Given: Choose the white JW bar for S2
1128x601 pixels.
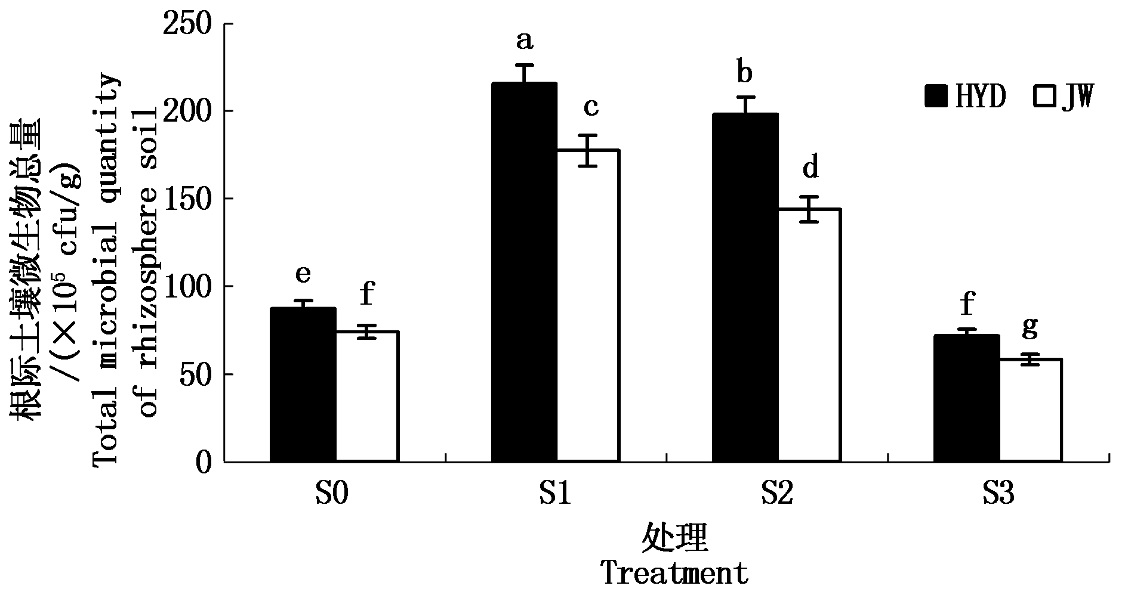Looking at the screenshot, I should click(809, 335).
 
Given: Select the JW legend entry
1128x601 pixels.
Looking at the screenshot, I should click(1063, 96).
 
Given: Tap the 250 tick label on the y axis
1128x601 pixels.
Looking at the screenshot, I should click(190, 25).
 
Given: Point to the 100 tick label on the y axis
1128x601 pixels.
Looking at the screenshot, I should click(190, 287).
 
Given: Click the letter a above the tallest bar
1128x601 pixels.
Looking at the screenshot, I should click(524, 42).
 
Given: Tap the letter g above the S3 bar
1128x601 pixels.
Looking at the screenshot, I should click(1030, 327).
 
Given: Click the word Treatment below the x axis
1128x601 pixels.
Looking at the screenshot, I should click(674, 574).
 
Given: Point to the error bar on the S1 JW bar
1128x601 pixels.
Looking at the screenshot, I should click(588, 150).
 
